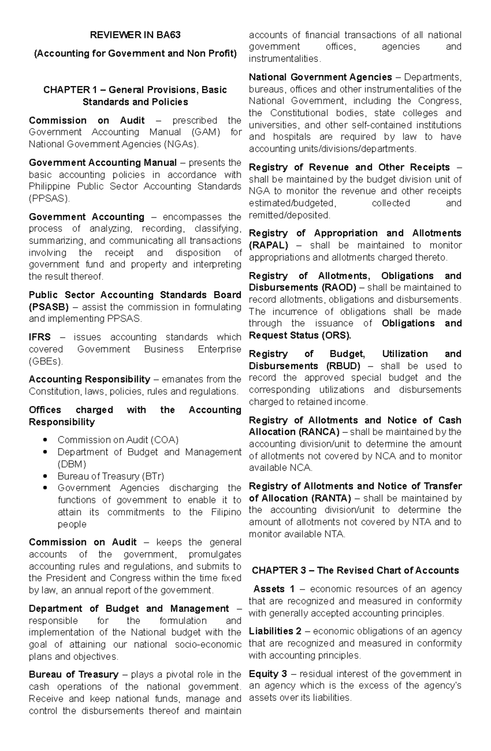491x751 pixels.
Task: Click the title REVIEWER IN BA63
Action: point(135,35)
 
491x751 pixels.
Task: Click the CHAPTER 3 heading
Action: point(355,570)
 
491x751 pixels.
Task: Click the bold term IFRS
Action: point(40,337)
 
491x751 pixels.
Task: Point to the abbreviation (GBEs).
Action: point(46,361)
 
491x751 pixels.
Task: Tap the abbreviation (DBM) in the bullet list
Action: point(72,464)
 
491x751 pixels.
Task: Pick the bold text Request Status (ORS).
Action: point(300,336)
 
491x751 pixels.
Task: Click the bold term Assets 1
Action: point(274,589)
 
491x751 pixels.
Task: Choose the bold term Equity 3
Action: point(268,674)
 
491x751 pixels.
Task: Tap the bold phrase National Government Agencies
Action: point(320,77)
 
